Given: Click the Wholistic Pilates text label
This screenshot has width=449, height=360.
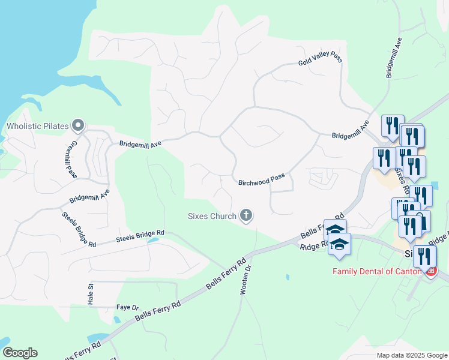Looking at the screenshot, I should click(x=37, y=127).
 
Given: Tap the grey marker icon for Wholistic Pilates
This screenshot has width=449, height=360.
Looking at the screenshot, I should click(x=77, y=125).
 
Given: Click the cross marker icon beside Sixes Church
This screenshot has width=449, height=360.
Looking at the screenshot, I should click(x=246, y=215).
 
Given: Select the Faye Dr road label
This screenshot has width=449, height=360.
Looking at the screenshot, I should click(x=127, y=308).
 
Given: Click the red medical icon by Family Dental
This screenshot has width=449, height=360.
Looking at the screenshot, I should click(x=430, y=271).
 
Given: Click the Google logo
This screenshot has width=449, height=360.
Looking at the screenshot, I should click(x=20, y=353).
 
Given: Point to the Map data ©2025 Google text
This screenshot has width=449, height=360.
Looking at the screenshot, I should click(x=411, y=355).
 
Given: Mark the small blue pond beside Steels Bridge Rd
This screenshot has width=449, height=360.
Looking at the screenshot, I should click(x=152, y=240).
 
